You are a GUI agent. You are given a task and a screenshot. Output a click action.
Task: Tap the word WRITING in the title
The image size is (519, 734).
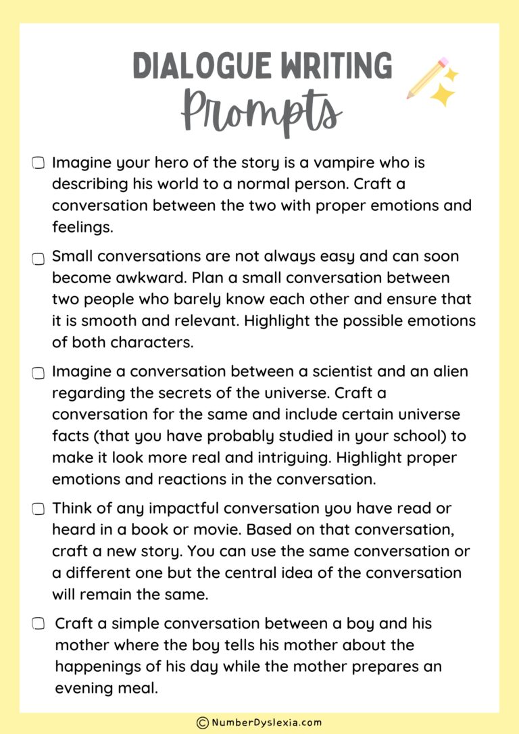(337, 66)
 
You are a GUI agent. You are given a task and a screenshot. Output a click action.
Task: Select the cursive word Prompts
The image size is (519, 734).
(261, 111)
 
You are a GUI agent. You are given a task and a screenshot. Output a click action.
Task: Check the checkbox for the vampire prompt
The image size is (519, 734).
(39, 163)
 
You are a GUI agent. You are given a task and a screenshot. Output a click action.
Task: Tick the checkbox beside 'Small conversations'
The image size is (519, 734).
(39, 258)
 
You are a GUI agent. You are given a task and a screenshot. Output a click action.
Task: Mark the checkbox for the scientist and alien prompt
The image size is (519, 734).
(39, 372)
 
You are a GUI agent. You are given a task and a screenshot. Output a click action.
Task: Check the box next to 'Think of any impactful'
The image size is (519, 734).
(39, 509)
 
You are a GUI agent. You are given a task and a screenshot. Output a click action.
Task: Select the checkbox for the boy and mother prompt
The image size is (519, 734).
(39, 624)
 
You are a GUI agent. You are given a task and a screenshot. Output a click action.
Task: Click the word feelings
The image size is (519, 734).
(82, 227)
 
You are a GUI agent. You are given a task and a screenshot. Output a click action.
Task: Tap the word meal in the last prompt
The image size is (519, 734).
(139, 687)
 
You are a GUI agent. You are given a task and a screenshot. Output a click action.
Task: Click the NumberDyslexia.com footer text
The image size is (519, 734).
(266, 722)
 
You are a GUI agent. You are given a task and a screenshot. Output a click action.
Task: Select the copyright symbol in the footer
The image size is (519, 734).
(202, 723)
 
